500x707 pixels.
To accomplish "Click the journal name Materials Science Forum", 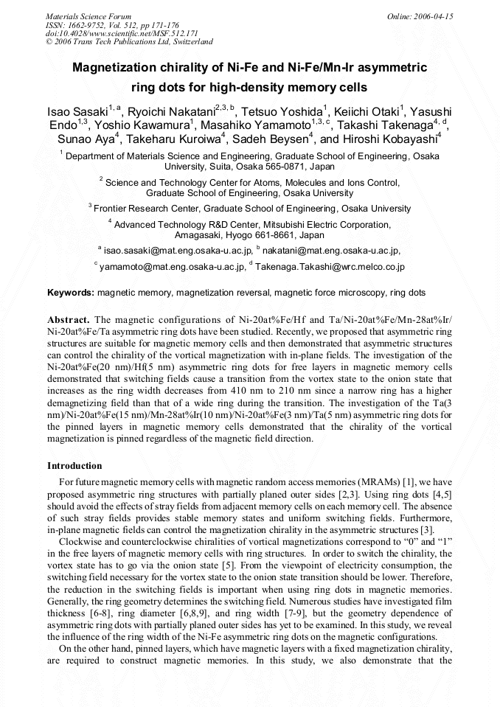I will [x=88, y=15].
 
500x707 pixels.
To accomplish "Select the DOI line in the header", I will [x=122, y=33].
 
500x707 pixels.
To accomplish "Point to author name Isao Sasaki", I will [x=77, y=111].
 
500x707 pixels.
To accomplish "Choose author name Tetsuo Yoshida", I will [x=281, y=111].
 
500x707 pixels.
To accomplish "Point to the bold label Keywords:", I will [x=71, y=293].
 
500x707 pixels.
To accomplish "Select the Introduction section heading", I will [x=74, y=466].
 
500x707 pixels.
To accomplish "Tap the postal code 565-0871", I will [x=276, y=167].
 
